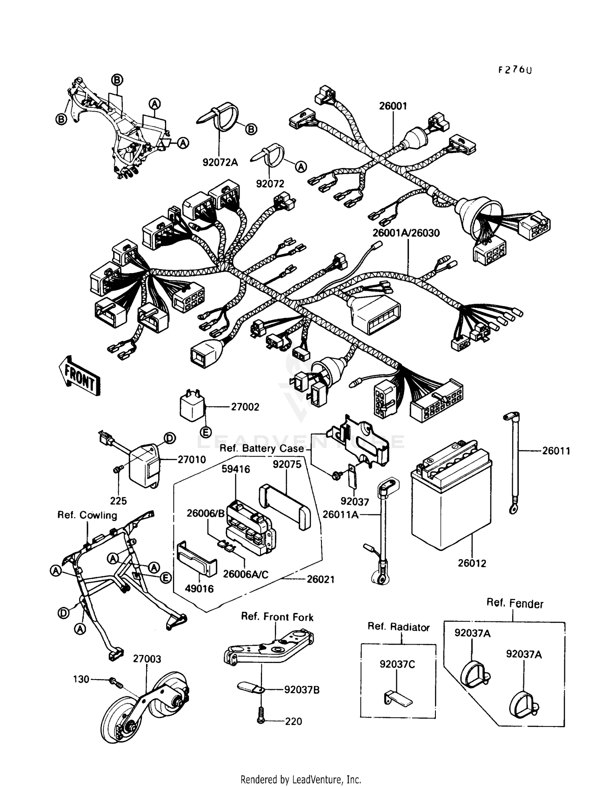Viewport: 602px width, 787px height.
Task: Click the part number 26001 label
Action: tap(393, 106)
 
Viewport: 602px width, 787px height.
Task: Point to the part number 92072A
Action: tap(220, 162)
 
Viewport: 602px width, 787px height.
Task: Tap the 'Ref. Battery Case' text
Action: tap(262, 448)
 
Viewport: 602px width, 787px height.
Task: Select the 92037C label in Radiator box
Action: tap(397, 664)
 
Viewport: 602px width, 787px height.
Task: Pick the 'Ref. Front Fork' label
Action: tap(277, 617)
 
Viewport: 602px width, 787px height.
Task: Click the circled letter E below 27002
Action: tap(205, 432)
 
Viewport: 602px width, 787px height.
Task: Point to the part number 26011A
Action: tap(340, 515)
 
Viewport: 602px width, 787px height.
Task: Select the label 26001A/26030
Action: tap(406, 233)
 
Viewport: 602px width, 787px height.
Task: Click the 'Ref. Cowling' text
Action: tap(87, 515)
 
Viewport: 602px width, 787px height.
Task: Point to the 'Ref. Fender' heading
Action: tap(515, 603)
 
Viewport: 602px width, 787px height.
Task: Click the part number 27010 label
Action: tap(192, 459)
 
